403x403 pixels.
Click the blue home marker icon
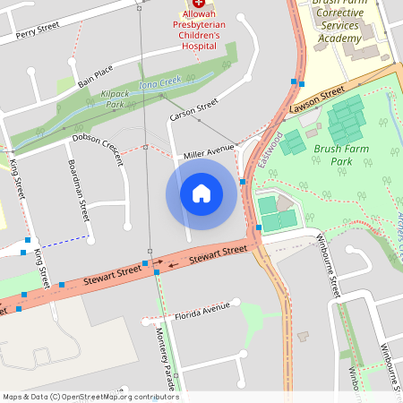point(201,193)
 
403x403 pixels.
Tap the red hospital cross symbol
point(199,4)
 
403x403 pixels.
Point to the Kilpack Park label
point(116,99)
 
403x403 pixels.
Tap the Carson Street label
point(194,111)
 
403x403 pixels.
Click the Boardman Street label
point(79,191)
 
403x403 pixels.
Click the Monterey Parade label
point(166,358)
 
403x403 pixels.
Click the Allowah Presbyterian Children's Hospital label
point(199,30)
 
